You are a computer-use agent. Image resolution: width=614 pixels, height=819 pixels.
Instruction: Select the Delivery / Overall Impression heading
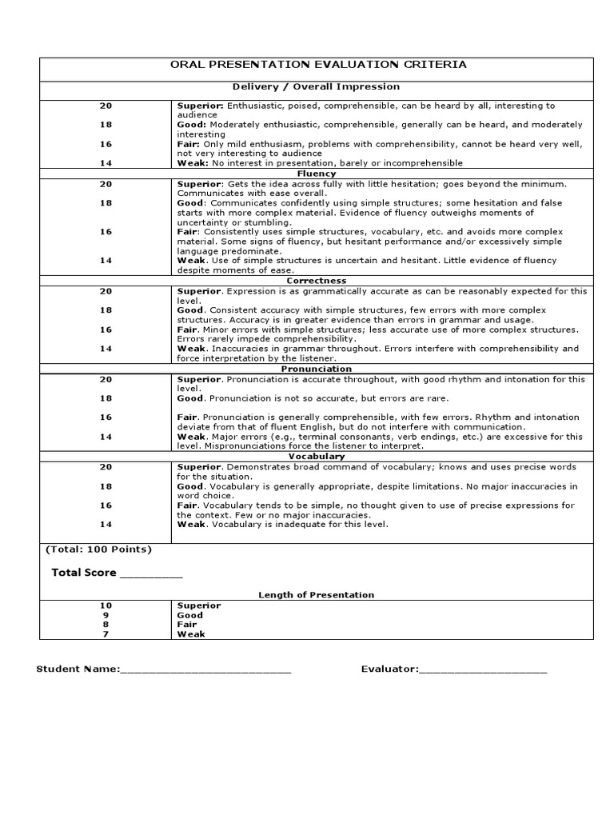316,86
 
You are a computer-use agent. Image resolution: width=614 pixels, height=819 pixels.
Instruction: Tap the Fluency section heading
316,173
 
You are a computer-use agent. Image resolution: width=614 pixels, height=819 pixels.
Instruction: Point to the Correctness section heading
316,281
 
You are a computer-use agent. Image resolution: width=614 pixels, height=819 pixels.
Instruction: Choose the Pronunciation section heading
316,369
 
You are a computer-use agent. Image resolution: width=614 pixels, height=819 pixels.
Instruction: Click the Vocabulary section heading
316,457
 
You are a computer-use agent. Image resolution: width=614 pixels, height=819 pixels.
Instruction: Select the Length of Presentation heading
316,595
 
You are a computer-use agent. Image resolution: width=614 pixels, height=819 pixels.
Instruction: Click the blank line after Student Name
205,669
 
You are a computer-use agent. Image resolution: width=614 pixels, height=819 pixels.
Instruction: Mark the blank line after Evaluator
483,669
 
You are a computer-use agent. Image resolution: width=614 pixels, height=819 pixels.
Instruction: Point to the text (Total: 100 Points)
99,549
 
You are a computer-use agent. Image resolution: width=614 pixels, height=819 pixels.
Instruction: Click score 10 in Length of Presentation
106,605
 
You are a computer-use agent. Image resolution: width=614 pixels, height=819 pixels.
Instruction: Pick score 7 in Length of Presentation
106,634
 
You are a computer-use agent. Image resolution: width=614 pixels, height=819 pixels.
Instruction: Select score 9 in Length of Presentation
106,615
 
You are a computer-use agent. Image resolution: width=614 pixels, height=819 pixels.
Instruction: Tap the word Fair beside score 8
188,625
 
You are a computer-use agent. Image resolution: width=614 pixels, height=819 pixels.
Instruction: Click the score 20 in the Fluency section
106,184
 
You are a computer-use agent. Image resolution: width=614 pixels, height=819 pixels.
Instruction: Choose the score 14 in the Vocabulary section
106,525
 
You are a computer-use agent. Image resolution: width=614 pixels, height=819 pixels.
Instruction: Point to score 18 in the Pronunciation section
106,398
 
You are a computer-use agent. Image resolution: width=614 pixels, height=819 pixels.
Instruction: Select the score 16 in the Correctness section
106,330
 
